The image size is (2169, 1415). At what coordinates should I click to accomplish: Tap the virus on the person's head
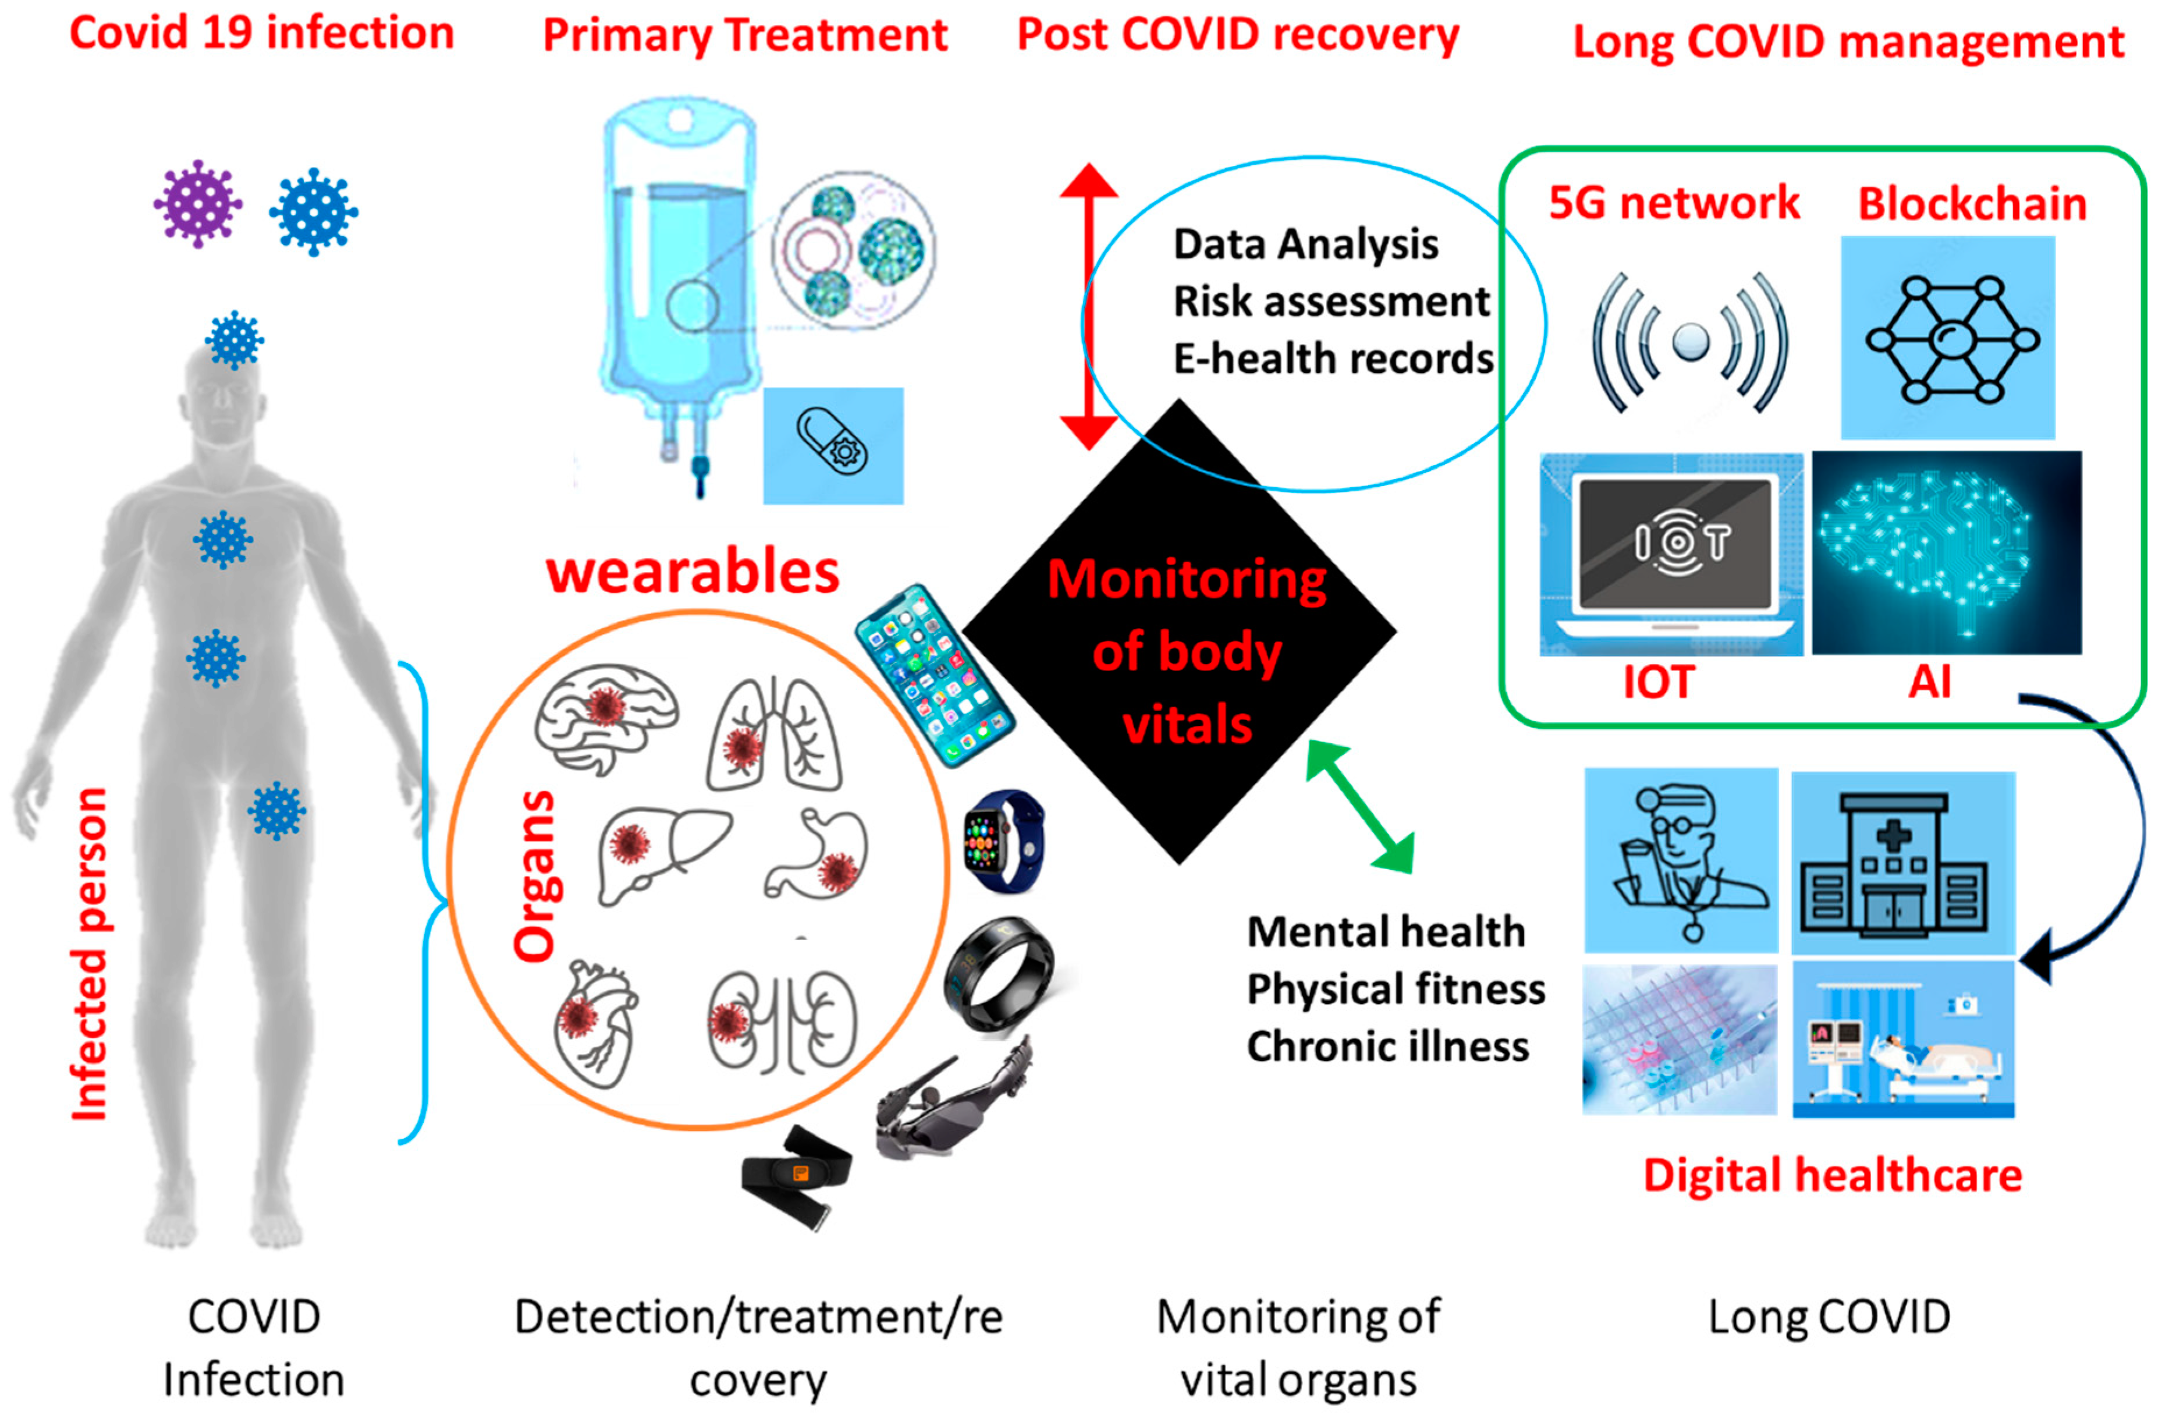pyautogui.click(x=234, y=339)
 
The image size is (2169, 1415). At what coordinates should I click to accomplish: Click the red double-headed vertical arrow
pyautogui.click(x=1088, y=306)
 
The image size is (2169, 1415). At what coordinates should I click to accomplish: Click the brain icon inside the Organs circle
pyautogui.click(x=605, y=716)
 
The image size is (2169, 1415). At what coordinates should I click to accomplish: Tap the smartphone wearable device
pyautogui.click(x=934, y=674)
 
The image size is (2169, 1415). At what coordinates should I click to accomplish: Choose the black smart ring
pyautogui.click(x=999, y=974)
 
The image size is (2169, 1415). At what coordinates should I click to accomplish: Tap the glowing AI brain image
pyautogui.click(x=1945, y=552)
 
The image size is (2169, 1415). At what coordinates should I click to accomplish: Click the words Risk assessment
pyautogui.click(x=1330, y=302)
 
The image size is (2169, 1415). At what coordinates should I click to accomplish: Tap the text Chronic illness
pyautogui.click(x=1387, y=1047)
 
